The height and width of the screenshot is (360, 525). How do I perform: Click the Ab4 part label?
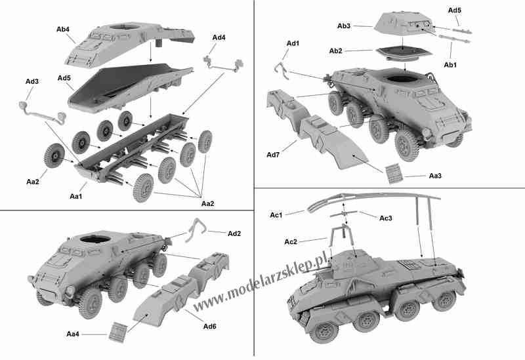pyautogui.click(x=62, y=30)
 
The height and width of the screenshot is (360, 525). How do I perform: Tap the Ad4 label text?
pyautogui.click(x=219, y=37)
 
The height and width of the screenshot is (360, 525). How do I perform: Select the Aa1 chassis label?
pyautogui.click(x=75, y=197)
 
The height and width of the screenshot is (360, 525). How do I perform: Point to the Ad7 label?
pyautogui.click(x=273, y=155)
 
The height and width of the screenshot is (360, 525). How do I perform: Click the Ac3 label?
pyautogui.click(x=385, y=218)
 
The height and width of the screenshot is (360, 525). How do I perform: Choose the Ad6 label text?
pyautogui.click(x=209, y=326)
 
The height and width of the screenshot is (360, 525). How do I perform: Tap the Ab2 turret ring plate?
pyautogui.click(x=404, y=53)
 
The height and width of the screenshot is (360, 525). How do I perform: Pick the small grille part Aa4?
pyautogui.click(x=118, y=332)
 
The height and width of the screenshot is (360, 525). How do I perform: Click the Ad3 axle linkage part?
pyautogui.click(x=42, y=112)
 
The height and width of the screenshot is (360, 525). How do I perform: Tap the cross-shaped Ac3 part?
pyautogui.click(x=343, y=214)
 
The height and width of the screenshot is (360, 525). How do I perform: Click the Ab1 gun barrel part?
pyautogui.click(x=454, y=39)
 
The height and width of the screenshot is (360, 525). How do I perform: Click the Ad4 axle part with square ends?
pyautogui.click(x=223, y=64)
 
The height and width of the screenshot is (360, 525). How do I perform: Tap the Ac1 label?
pyautogui.click(x=276, y=215)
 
